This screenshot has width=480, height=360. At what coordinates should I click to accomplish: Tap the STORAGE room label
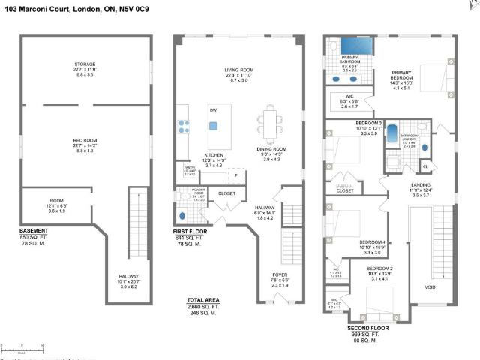coord(85,64)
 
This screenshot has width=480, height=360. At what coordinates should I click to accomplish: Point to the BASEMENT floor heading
coord(34,230)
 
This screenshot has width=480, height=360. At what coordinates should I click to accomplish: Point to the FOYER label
coord(280,274)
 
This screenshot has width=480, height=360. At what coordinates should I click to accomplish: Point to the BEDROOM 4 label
coord(373,241)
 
